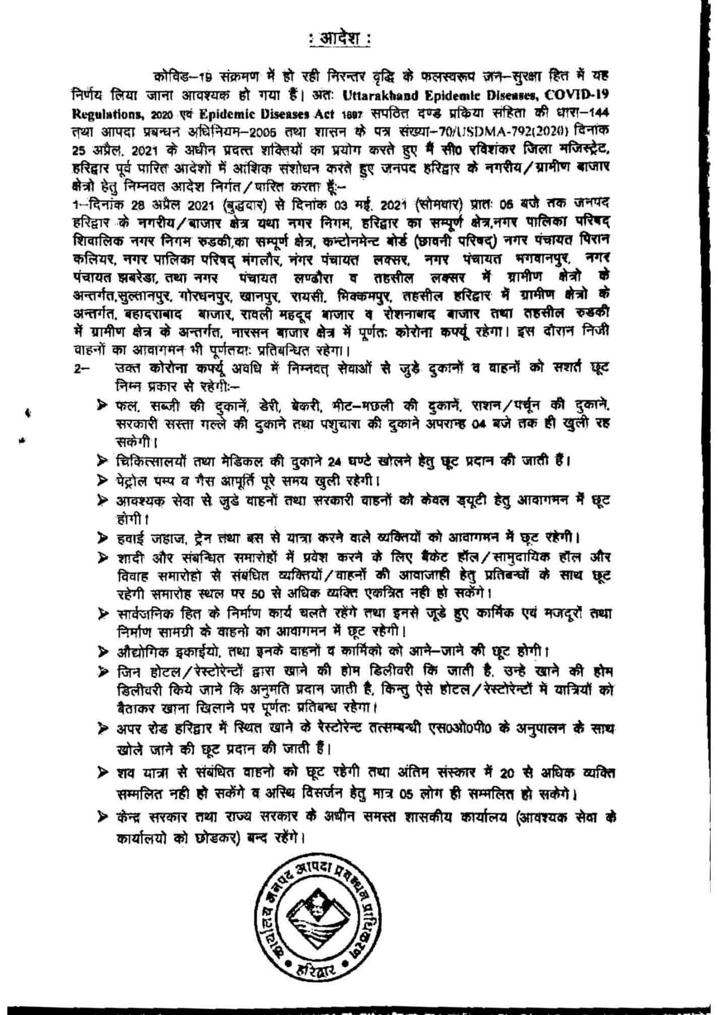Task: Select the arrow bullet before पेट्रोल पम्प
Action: tap(102, 481)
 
